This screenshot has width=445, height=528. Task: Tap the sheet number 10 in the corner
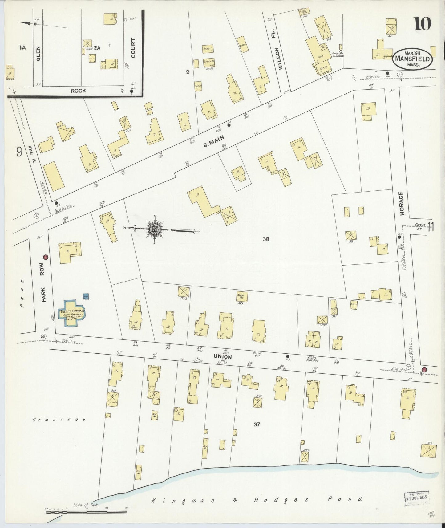(x=422, y=24)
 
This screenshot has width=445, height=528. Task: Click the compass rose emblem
(x=153, y=229)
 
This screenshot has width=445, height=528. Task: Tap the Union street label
(x=223, y=356)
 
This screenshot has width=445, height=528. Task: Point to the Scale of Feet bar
(x=86, y=512)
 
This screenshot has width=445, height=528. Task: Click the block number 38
(x=266, y=238)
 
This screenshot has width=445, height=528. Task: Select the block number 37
(x=257, y=424)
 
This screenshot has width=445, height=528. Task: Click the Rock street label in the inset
(x=78, y=91)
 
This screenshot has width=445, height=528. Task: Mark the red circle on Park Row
(x=46, y=257)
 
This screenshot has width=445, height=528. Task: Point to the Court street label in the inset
(x=133, y=48)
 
